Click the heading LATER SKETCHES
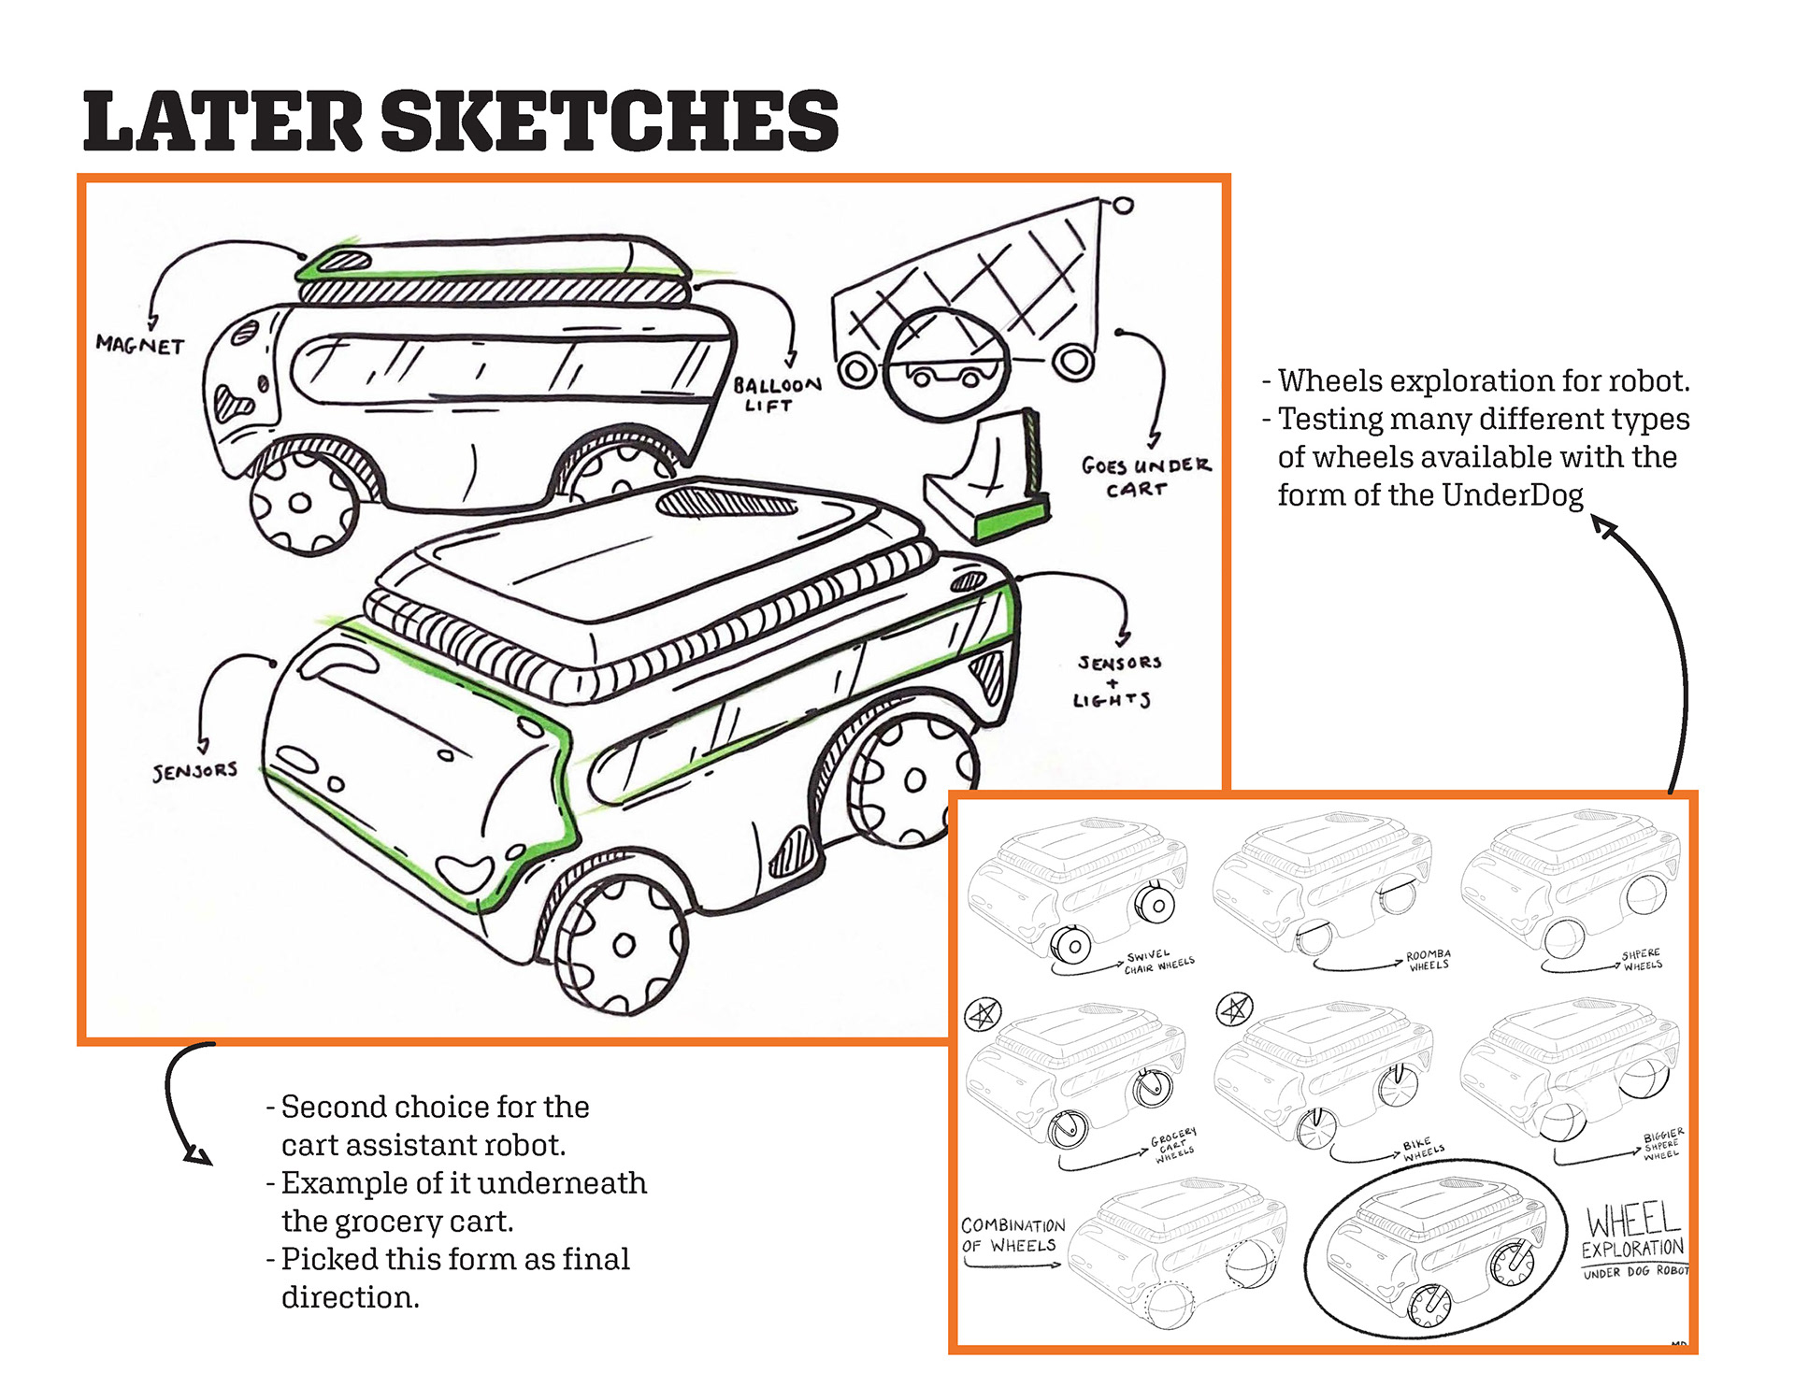(460, 122)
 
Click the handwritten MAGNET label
(140, 345)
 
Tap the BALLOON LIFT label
(776, 394)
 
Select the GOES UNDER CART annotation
(1145, 477)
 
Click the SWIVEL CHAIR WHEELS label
(1158, 963)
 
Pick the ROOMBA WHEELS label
(1428, 960)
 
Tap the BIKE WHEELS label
(1422, 1151)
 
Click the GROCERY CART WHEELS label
(1174, 1144)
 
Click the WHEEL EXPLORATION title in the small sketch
(1633, 1234)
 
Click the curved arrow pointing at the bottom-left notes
(182, 1103)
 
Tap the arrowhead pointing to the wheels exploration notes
(1605, 528)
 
